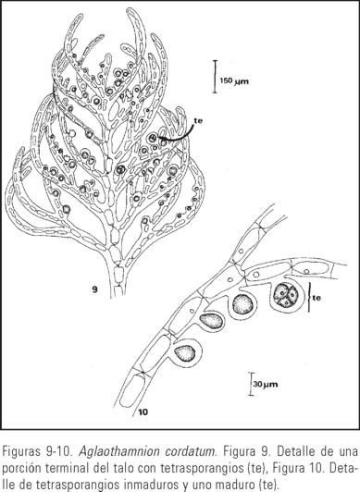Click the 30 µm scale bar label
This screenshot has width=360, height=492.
[266, 384]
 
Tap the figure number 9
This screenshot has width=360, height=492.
[95, 289]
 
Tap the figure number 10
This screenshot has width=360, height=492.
[143, 412]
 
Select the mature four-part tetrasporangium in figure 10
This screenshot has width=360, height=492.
[287, 294]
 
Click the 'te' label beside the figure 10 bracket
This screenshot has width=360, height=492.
[317, 297]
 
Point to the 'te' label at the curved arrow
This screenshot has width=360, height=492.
[198, 120]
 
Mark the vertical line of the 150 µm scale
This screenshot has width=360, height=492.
[216, 77]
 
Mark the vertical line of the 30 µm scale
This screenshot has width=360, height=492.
[251, 384]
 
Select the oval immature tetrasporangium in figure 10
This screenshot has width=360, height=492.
[211, 321]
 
